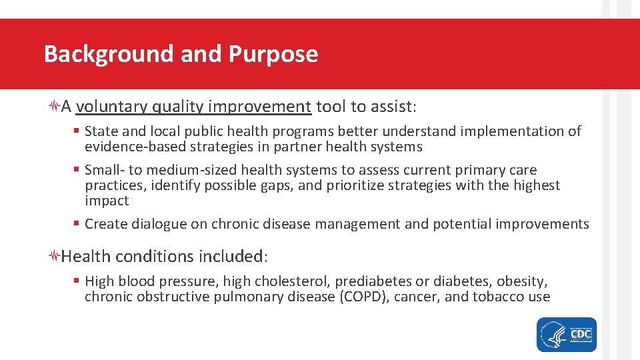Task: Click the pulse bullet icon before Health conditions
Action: [55, 257]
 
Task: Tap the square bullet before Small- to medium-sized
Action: [77, 171]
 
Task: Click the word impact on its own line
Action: [107, 201]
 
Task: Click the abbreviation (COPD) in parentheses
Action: [363, 297]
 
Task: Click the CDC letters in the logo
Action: [581, 333]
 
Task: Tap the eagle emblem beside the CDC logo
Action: [552, 335]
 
